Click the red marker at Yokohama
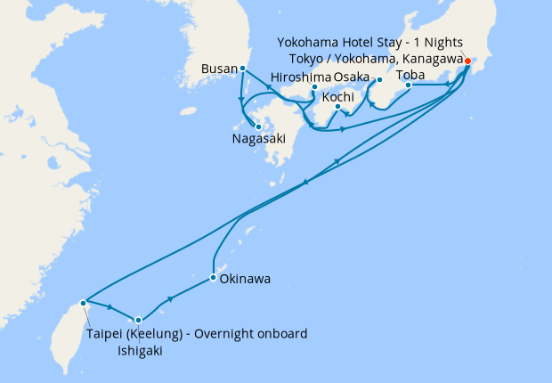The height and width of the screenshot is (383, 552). (x=467, y=61)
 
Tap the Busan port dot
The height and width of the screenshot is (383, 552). (x=242, y=69)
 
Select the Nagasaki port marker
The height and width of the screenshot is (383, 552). (x=258, y=126)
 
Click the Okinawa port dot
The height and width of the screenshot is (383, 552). (x=213, y=278)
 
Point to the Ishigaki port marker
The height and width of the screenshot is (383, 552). (x=138, y=320)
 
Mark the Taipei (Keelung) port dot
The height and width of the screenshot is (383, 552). (x=83, y=303)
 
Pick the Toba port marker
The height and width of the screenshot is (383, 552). (x=409, y=86)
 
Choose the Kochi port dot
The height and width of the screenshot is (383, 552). (x=338, y=109)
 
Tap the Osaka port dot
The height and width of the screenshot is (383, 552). (x=378, y=80)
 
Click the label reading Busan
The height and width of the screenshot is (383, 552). (x=219, y=69)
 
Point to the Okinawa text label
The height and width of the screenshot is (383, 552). (x=245, y=280)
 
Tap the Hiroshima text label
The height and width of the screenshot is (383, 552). (x=297, y=77)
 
